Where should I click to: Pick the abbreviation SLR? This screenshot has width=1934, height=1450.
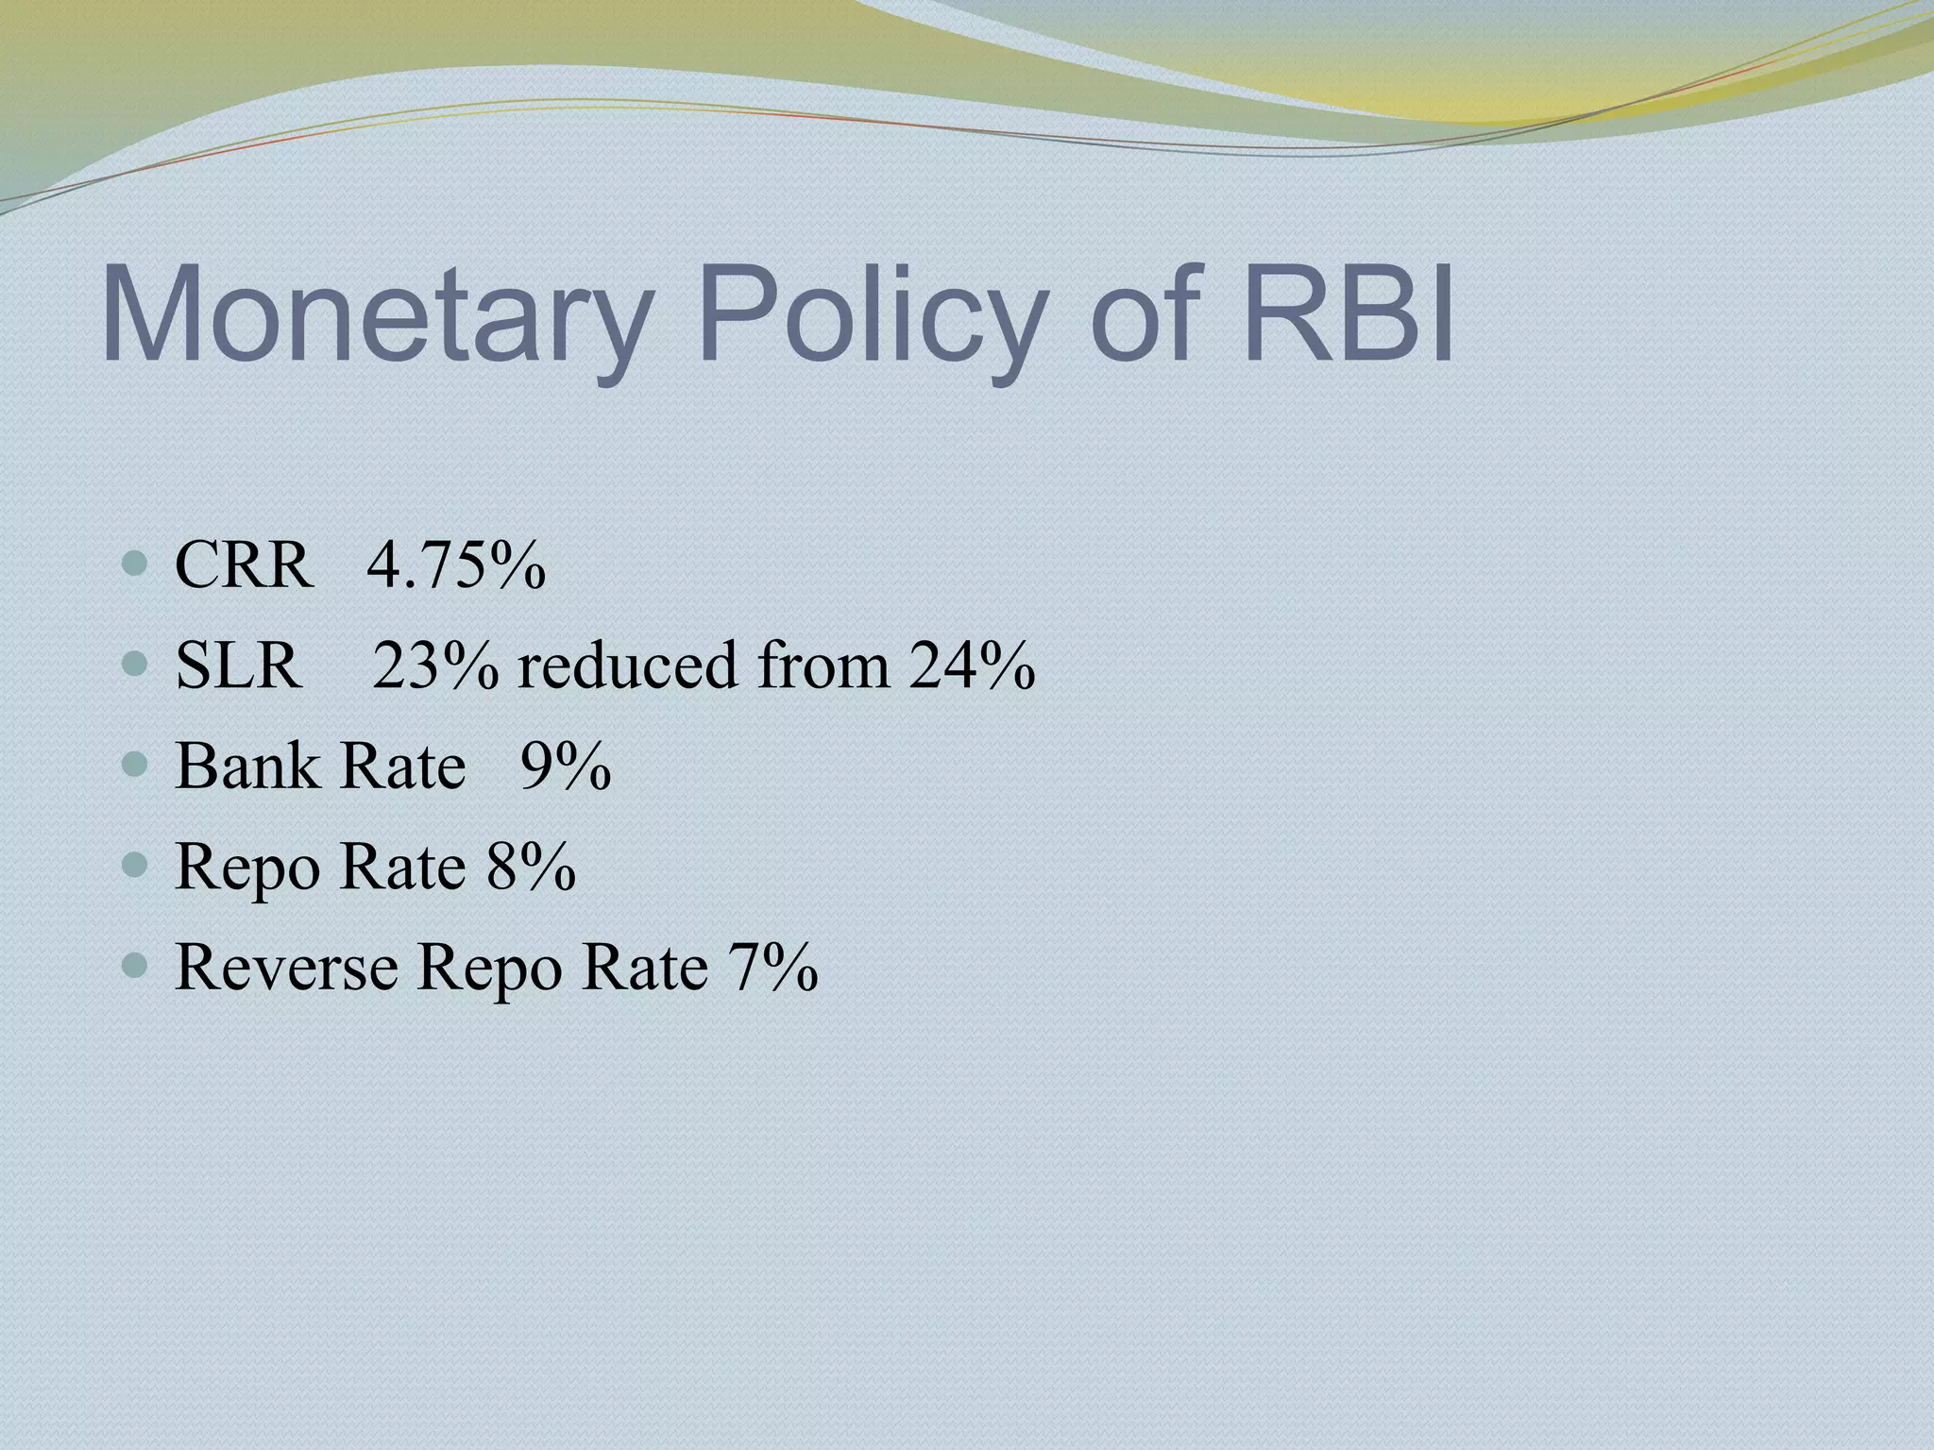click(x=239, y=666)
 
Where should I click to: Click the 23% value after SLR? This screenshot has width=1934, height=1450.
click(x=435, y=666)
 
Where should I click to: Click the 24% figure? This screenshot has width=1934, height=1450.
click(x=973, y=666)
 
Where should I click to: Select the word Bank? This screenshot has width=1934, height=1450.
click(x=247, y=766)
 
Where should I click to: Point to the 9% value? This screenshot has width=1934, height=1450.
click(x=566, y=766)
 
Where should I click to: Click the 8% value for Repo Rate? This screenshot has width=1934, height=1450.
click(x=531, y=866)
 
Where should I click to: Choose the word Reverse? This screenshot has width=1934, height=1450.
click(x=286, y=967)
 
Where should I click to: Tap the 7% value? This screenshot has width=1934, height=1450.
click(x=772, y=967)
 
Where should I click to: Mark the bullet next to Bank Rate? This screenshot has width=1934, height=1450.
click(x=136, y=766)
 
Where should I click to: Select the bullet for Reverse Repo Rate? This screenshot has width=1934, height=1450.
click(x=136, y=966)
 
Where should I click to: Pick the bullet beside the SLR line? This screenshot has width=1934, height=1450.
click(x=136, y=666)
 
